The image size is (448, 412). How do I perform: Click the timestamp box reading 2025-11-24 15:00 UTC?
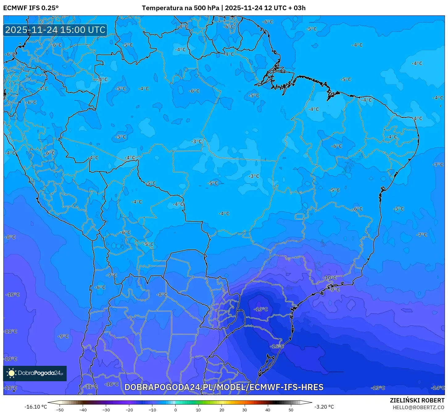55,30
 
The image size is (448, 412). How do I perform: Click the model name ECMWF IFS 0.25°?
31,8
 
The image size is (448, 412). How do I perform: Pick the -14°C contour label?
438,388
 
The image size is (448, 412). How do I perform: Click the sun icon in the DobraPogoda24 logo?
12,373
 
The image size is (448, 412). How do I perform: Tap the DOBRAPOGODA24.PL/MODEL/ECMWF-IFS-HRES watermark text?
224,387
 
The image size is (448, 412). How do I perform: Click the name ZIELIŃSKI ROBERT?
417,401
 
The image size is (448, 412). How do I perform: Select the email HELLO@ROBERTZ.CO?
418,407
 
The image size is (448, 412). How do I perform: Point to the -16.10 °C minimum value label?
36,407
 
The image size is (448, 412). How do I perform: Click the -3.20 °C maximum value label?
324,407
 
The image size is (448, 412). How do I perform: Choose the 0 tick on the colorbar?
176,410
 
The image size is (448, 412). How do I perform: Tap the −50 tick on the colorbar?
60,410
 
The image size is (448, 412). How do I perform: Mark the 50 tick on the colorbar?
291,410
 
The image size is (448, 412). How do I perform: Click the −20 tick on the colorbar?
129,410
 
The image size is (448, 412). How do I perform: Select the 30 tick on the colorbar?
245,410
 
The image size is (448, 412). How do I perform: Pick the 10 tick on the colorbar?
198,410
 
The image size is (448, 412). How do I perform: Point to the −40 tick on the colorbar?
83,410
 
